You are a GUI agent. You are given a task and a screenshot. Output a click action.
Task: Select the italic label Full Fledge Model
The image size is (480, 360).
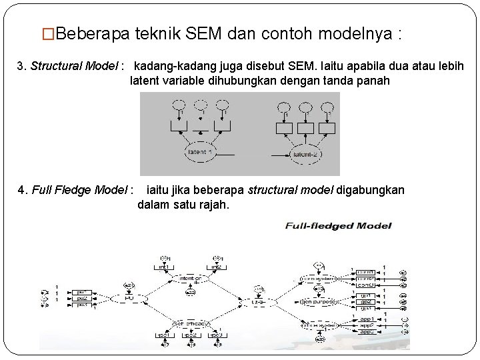pos(75,190)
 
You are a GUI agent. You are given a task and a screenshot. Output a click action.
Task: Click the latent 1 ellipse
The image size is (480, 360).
pos(202,153)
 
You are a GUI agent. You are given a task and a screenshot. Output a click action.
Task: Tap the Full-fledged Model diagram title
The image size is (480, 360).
pos(338,226)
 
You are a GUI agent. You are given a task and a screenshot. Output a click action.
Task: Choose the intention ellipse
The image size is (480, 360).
pos(187,277)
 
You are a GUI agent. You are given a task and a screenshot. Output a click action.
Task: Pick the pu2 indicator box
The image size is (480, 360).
pos(81,299)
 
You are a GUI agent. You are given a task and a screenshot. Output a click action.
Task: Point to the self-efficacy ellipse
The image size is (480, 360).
pos(187,323)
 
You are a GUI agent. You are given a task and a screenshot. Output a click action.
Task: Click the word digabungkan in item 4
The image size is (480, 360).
pos(370,190)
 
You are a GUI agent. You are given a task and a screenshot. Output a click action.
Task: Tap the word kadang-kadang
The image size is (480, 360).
pos(173,67)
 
